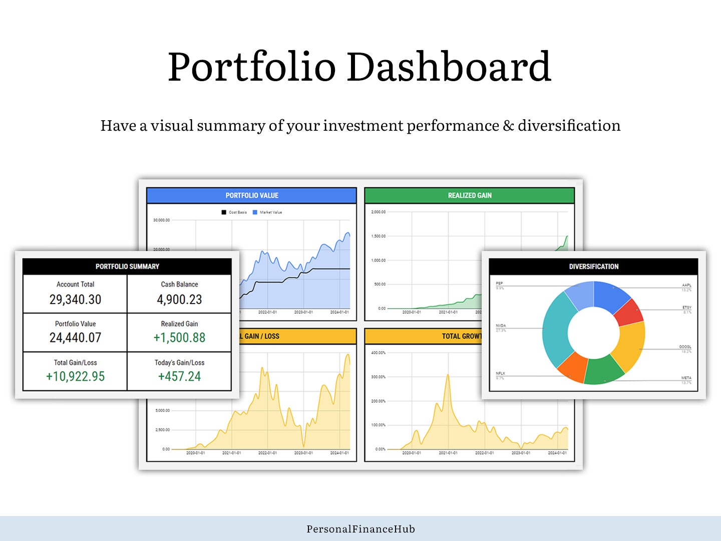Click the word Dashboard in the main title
point(449,67)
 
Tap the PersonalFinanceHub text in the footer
point(360,529)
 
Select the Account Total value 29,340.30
point(75,300)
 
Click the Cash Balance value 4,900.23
point(179,300)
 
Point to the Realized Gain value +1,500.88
point(179,338)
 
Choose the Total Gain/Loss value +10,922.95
point(75,376)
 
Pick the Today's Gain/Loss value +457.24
point(179,376)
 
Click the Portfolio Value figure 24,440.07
point(75,338)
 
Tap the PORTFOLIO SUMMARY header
point(127,266)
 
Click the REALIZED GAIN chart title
point(470,195)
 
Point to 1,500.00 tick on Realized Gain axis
point(378,236)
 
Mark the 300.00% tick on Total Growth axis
point(378,377)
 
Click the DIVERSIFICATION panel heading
point(594,266)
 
